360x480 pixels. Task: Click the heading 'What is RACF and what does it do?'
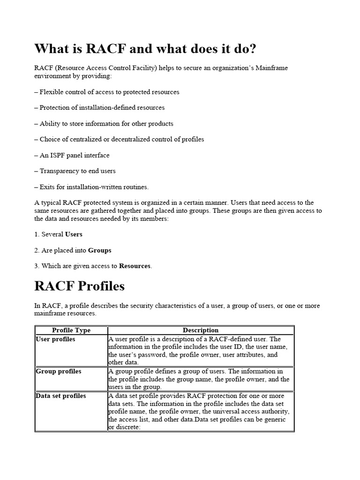tap(145, 49)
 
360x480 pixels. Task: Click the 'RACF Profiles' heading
tap(80, 285)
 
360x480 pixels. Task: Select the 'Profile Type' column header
tap(71, 330)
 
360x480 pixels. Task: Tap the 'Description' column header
tap(201, 330)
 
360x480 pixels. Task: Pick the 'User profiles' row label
tap(55, 339)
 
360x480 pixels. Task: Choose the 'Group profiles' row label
tap(59, 371)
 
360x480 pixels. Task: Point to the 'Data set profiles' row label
tap(61, 396)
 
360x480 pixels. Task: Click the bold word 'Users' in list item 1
tap(74, 234)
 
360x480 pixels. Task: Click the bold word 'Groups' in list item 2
tap(100, 250)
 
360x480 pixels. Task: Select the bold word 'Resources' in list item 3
tap(135, 266)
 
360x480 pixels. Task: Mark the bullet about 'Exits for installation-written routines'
tap(91, 187)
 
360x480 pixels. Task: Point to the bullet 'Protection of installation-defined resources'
tap(100, 107)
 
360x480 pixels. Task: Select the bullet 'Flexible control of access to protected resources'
tap(107, 92)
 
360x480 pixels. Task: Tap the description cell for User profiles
tap(199, 351)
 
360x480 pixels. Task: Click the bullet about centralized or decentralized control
tap(120, 139)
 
